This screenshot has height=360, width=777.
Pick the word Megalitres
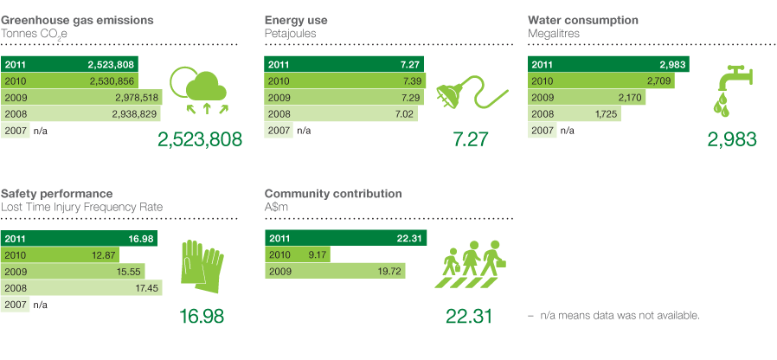(553, 34)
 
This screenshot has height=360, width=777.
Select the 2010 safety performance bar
(61, 256)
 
